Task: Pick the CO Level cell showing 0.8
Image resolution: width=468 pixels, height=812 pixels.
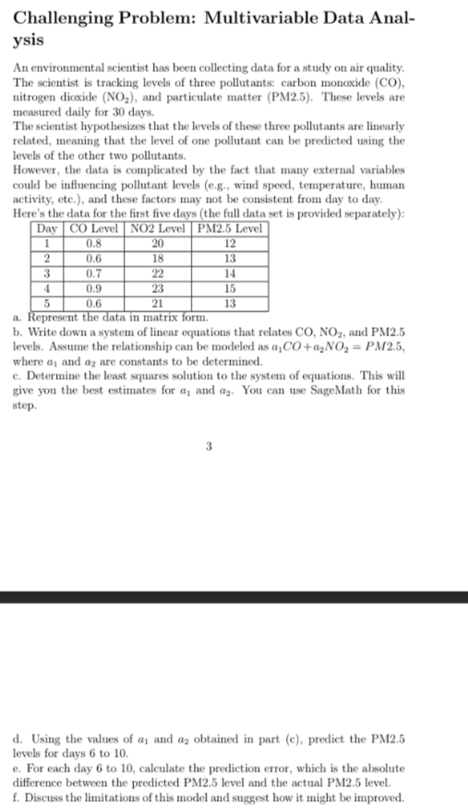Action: (x=93, y=241)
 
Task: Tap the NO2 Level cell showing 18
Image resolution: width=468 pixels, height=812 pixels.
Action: (x=157, y=258)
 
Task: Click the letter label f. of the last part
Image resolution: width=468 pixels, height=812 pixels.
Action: (x=18, y=798)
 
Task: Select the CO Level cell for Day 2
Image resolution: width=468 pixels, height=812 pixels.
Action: (x=93, y=258)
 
